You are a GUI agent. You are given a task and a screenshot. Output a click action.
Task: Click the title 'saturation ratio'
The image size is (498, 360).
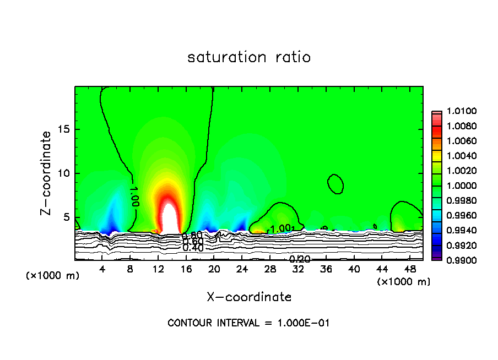(x=249, y=57)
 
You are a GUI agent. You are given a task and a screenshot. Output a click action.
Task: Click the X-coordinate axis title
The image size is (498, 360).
(x=249, y=297)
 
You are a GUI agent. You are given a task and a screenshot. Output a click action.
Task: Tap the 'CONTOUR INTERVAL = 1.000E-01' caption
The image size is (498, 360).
(x=248, y=323)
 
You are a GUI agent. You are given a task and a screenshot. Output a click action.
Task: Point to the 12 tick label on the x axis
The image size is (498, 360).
(x=159, y=269)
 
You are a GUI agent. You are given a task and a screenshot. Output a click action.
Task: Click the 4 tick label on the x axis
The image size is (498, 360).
(x=102, y=269)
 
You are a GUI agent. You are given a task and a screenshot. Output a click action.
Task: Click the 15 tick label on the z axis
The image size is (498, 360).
(x=63, y=129)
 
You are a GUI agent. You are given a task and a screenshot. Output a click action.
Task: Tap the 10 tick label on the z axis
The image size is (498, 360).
(x=63, y=173)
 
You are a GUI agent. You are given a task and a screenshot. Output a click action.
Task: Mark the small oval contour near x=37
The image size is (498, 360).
(x=335, y=184)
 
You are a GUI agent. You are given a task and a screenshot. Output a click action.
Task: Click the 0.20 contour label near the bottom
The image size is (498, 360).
(x=300, y=259)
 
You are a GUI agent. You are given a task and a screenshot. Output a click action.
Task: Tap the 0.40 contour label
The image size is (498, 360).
(x=193, y=248)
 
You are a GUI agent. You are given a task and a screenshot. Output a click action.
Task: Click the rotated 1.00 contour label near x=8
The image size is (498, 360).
(x=134, y=196)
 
